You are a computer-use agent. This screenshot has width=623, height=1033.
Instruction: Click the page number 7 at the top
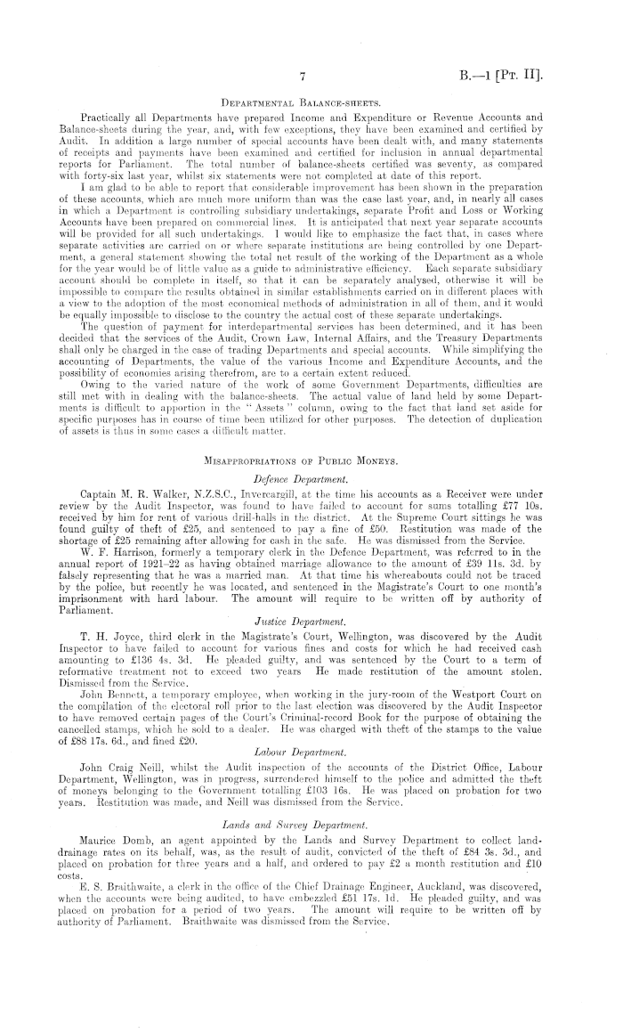pos(304,77)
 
